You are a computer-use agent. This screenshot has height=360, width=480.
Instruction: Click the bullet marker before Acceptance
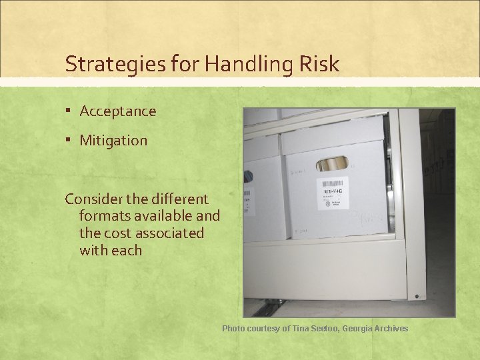(x=70, y=111)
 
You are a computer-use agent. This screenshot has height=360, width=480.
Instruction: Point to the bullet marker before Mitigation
(x=70, y=140)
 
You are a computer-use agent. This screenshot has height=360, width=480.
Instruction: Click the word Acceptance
(x=118, y=111)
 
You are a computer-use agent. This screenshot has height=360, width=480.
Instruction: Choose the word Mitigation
(x=113, y=141)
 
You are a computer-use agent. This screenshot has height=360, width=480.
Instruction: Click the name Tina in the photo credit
(x=299, y=328)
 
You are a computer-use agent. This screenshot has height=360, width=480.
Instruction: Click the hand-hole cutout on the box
(x=332, y=164)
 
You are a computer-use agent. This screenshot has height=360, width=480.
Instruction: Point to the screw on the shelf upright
(x=416, y=295)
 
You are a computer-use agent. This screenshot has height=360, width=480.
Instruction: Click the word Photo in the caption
(x=233, y=328)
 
